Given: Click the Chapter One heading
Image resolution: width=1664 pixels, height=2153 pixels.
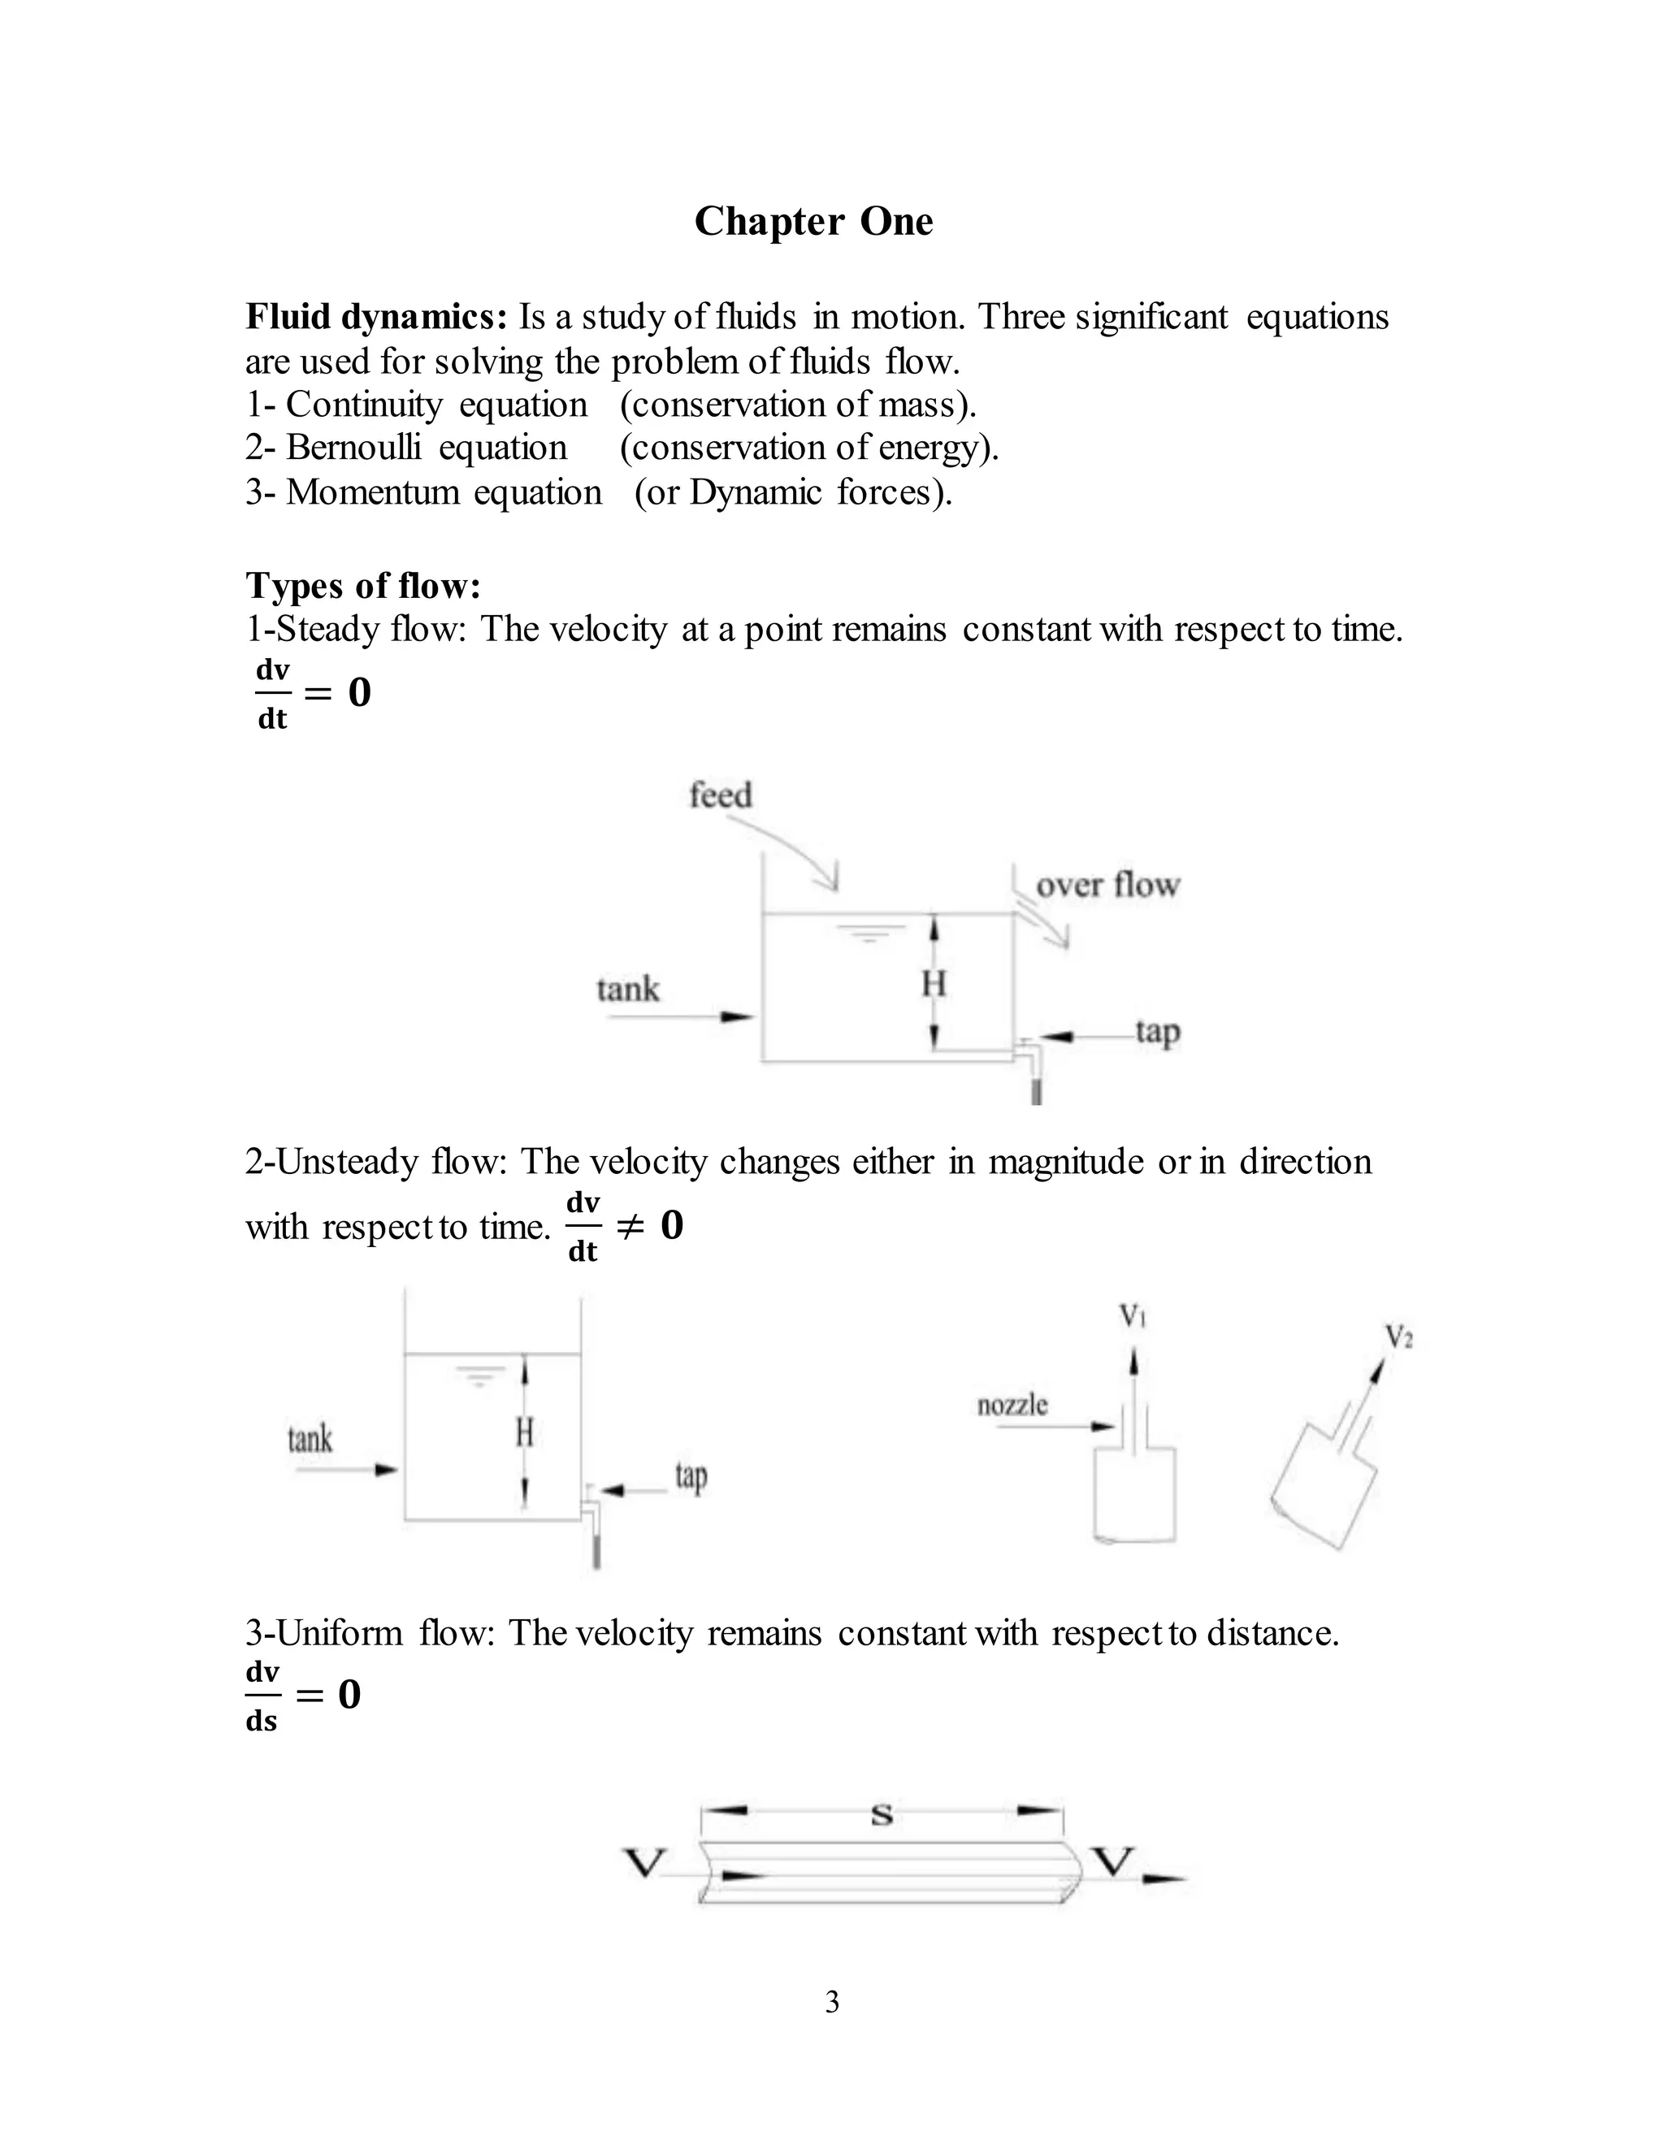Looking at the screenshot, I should [813, 222].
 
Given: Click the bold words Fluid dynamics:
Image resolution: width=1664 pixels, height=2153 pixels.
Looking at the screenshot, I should [375, 318].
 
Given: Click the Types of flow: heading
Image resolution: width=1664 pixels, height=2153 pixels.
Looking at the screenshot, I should [362, 586].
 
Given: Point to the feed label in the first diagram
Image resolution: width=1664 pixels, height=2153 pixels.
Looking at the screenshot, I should [720, 795].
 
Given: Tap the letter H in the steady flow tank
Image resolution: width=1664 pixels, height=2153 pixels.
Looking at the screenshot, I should [934, 983].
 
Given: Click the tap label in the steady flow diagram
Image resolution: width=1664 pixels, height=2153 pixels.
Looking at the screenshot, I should [1157, 1031].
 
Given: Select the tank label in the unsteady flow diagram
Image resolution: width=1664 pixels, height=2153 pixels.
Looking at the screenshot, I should [310, 1440].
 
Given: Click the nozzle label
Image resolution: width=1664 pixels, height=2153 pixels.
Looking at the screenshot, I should [1012, 1404].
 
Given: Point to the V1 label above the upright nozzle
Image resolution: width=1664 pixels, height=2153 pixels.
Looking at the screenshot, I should [1133, 1315].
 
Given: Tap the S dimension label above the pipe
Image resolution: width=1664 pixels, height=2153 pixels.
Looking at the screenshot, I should [882, 1815].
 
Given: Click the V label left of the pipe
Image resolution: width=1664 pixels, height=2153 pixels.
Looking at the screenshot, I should [646, 1862].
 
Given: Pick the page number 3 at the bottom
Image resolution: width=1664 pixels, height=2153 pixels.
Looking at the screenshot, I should [832, 2002].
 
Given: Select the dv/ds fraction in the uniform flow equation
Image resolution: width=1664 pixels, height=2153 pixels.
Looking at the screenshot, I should [262, 1696].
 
